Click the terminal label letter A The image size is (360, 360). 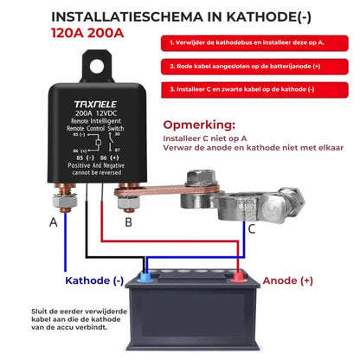(54, 222)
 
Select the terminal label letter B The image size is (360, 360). (128, 222)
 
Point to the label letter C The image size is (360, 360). (252, 229)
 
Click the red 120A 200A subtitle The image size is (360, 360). (85, 34)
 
